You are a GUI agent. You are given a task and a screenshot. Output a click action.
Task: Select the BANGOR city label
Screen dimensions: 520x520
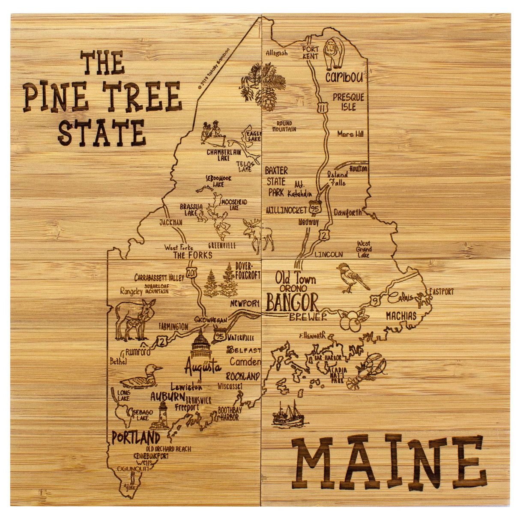[292, 302]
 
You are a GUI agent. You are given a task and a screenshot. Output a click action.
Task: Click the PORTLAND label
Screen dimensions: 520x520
[136, 438]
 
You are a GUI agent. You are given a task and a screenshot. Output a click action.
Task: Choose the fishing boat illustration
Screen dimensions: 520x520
[288, 415]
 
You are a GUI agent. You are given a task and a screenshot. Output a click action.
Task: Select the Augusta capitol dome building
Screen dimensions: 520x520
[200, 347]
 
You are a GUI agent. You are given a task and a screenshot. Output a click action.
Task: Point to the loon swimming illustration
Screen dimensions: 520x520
[140, 377]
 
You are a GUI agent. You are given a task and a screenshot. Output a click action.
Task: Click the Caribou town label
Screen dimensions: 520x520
[344, 77]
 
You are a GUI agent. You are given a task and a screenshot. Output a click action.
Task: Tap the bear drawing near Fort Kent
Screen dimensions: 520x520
[334, 53]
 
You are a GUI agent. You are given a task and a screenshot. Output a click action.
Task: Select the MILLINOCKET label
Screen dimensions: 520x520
[286, 210]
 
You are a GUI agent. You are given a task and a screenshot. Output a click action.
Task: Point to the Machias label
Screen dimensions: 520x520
[401, 316]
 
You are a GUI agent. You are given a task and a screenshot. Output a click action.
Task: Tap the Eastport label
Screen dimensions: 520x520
[441, 292]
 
